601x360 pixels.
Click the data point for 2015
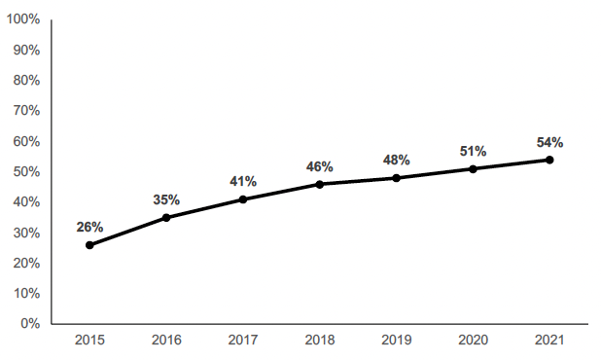(89, 245)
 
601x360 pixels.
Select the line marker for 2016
(166, 217)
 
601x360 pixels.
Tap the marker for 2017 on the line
(243, 199)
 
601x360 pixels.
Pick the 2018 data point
(320, 184)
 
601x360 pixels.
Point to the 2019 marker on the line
(396, 178)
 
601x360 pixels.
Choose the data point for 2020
(473, 168)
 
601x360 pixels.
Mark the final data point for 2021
(549, 160)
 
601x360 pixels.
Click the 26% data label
(89, 227)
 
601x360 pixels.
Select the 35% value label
(166, 199)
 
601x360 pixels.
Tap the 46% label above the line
(320, 166)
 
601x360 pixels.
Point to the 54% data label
(549, 142)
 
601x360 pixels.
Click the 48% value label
(396, 160)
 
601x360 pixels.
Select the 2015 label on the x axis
(89, 341)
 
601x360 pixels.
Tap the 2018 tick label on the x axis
(320, 341)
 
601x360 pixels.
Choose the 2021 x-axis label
(549, 341)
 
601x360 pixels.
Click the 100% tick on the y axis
(22, 19)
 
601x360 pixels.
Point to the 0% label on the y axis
(29, 323)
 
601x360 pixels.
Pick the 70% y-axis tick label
(25, 111)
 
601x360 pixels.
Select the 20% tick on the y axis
(25, 263)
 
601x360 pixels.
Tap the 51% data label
(473, 151)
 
